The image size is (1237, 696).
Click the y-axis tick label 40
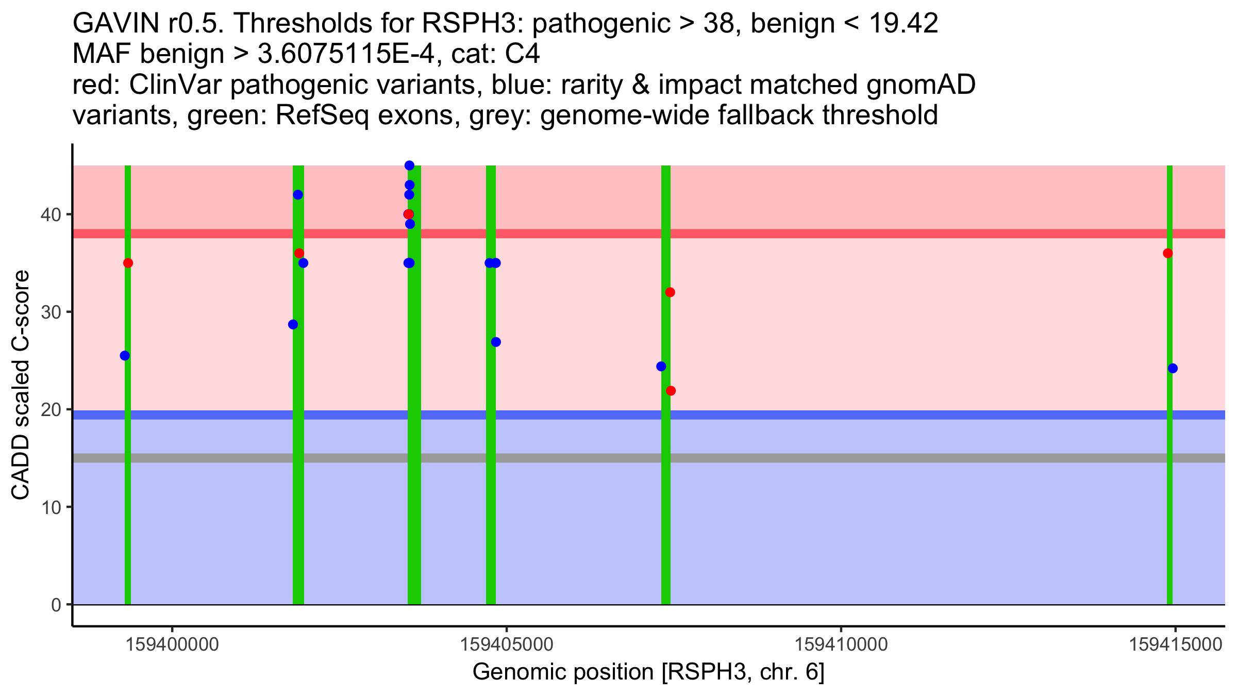click(50, 214)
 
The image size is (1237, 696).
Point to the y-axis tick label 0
click(56, 605)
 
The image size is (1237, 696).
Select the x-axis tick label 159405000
click(507, 645)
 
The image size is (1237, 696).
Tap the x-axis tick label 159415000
click(1176, 645)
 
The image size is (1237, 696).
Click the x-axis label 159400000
click(173, 645)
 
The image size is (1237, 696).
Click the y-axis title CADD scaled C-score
click(21, 385)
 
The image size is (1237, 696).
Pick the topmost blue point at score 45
click(409, 165)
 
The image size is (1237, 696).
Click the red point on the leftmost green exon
click(128, 263)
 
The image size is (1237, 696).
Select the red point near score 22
click(671, 391)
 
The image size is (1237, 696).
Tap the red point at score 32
click(670, 292)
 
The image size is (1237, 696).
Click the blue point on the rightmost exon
click(1173, 368)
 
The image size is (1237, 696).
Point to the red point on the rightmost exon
click(1168, 253)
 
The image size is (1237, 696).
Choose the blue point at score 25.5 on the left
click(125, 356)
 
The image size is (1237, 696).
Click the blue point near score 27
click(496, 342)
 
